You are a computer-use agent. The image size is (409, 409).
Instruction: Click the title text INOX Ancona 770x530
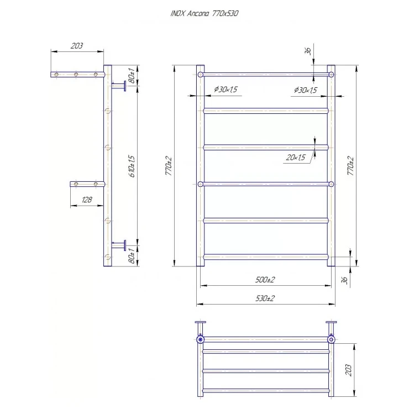(204, 14)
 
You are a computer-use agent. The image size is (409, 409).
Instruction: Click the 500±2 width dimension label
(265, 280)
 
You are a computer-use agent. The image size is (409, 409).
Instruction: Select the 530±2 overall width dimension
(265, 298)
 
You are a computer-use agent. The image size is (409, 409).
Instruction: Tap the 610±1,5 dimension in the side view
(132, 166)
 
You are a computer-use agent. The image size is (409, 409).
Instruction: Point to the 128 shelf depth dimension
(87, 200)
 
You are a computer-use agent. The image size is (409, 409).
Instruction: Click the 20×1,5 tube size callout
(296, 158)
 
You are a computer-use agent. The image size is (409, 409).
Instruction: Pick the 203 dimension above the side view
(77, 46)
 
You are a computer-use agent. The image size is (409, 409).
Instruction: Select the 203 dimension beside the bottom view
(349, 370)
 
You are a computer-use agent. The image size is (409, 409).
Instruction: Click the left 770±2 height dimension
(169, 166)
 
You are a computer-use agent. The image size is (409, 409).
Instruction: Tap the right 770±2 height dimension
(350, 166)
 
